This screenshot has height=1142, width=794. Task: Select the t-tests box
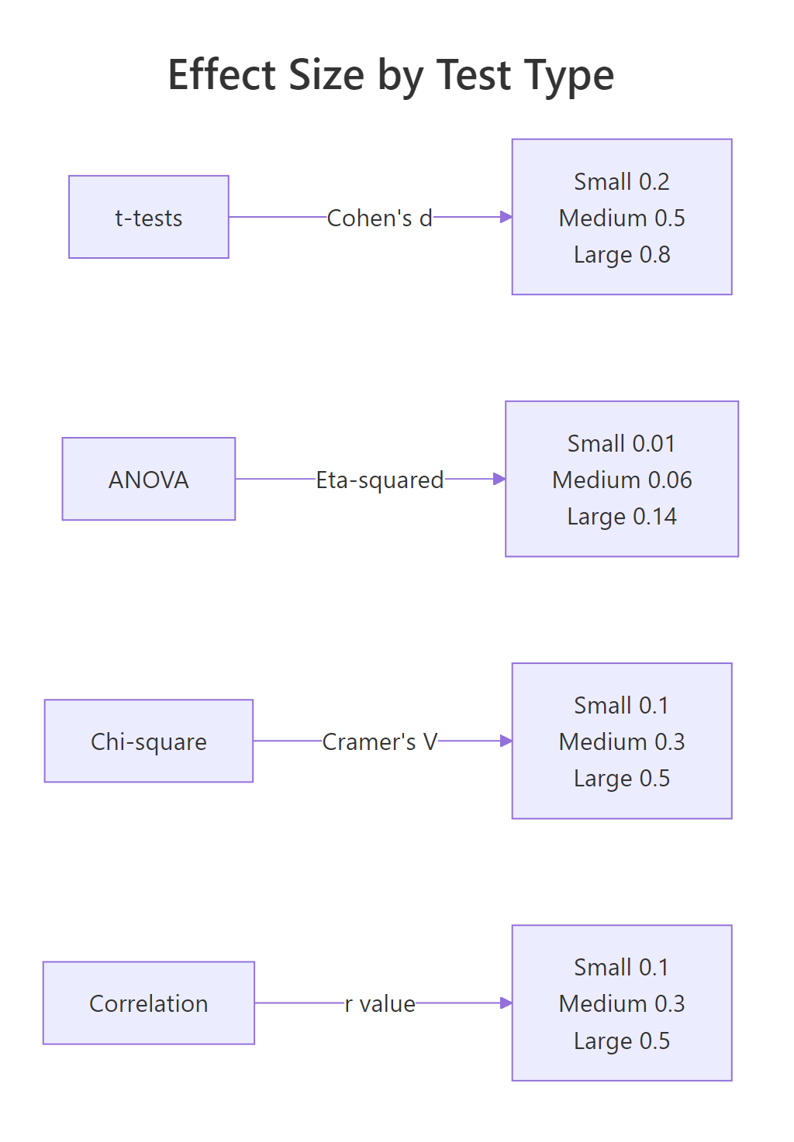pyautogui.click(x=149, y=217)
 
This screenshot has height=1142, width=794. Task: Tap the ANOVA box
pyautogui.click(x=149, y=480)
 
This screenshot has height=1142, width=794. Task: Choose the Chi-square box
pyautogui.click(x=149, y=741)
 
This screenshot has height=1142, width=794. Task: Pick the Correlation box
pyautogui.click(x=149, y=1003)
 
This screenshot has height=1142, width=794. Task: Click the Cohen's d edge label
pyautogui.click(x=380, y=218)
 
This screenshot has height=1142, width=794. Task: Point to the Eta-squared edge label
pyautogui.click(x=380, y=480)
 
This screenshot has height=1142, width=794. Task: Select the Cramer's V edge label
pyautogui.click(x=380, y=741)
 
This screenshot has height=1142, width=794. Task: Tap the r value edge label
pyautogui.click(x=380, y=1003)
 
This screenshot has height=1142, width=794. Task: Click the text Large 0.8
pyautogui.click(x=622, y=254)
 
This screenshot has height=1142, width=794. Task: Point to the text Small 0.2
pyautogui.click(x=622, y=181)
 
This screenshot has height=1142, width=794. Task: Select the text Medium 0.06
pyautogui.click(x=622, y=480)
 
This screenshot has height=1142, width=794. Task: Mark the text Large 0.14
pyautogui.click(x=622, y=517)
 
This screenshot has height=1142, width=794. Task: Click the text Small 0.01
pyautogui.click(x=622, y=443)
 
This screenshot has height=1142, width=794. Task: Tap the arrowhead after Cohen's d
pyautogui.click(x=506, y=217)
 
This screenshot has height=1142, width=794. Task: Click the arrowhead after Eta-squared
pyautogui.click(x=499, y=480)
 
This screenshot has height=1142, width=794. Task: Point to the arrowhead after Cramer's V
pyautogui.click(x=506, y=741)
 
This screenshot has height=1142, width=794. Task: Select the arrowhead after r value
pyautogui.click(x=506, y=1003)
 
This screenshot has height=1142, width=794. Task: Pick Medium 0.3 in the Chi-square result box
pyautogui.click(x=622, y=741)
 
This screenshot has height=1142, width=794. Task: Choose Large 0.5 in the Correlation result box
pyautogui.click(x=622, y=1041)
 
